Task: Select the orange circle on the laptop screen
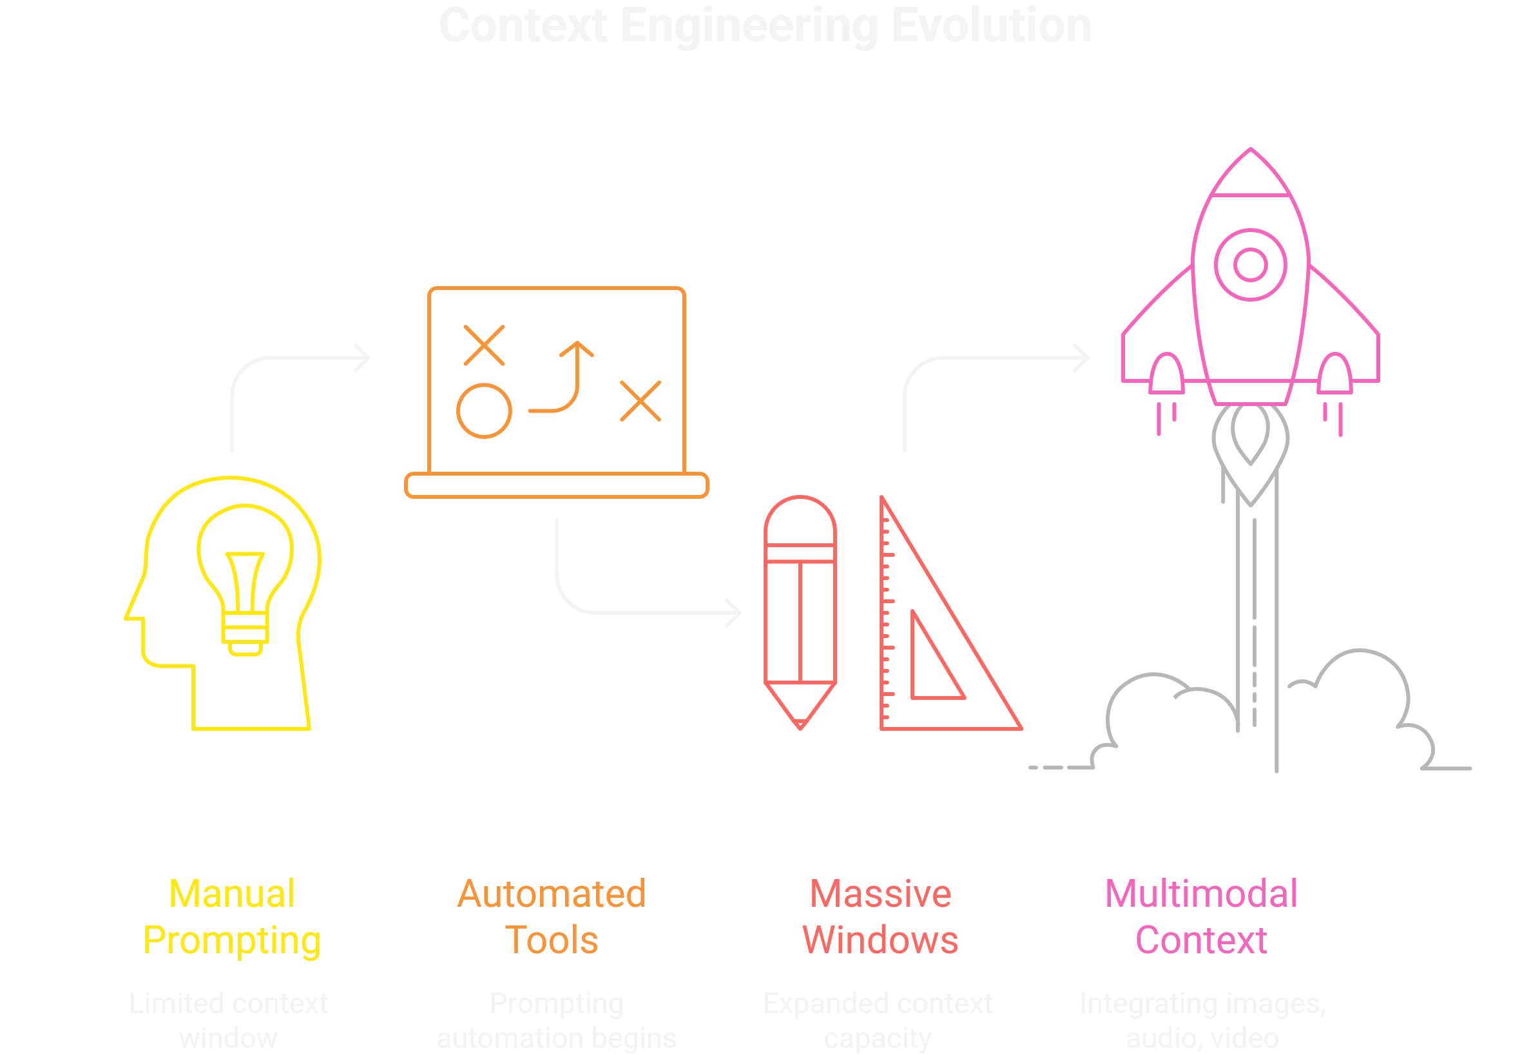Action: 484,411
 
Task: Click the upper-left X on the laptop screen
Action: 484,345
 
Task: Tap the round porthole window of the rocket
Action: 1250,265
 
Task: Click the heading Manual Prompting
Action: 232,917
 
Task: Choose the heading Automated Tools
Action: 552,917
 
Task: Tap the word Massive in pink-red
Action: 880,895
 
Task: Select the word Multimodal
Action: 1201,895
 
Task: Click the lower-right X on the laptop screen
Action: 640,401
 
